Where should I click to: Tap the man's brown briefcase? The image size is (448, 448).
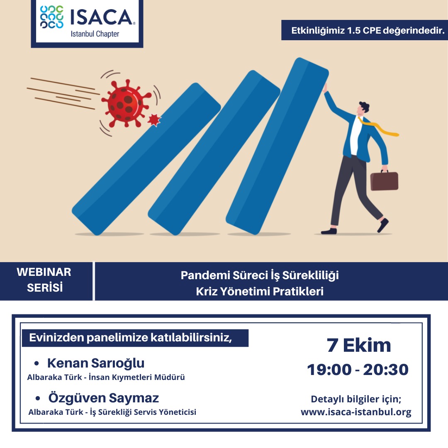coord(384,180)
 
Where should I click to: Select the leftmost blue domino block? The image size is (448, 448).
coord(146,159)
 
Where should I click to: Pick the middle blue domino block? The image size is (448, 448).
coord(214,153)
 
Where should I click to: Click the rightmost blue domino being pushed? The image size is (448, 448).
coord(277,146)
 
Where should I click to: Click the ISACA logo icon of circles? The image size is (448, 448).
coord(52,17)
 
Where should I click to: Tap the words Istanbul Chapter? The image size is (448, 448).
coord(95,34)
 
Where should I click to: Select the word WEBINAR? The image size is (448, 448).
coord(44,272)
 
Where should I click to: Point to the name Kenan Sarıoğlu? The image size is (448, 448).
coord(96,363)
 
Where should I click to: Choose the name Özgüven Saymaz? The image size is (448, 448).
coord(103,398)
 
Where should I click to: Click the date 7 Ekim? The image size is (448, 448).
coord(358,345)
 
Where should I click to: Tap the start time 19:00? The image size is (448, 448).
coord(329,370)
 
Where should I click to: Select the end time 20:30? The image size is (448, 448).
coord(386,370)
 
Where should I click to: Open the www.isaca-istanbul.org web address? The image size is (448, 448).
coord(356,412)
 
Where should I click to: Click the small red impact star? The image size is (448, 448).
coord(154,120)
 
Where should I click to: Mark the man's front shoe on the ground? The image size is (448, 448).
coord(329,231)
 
